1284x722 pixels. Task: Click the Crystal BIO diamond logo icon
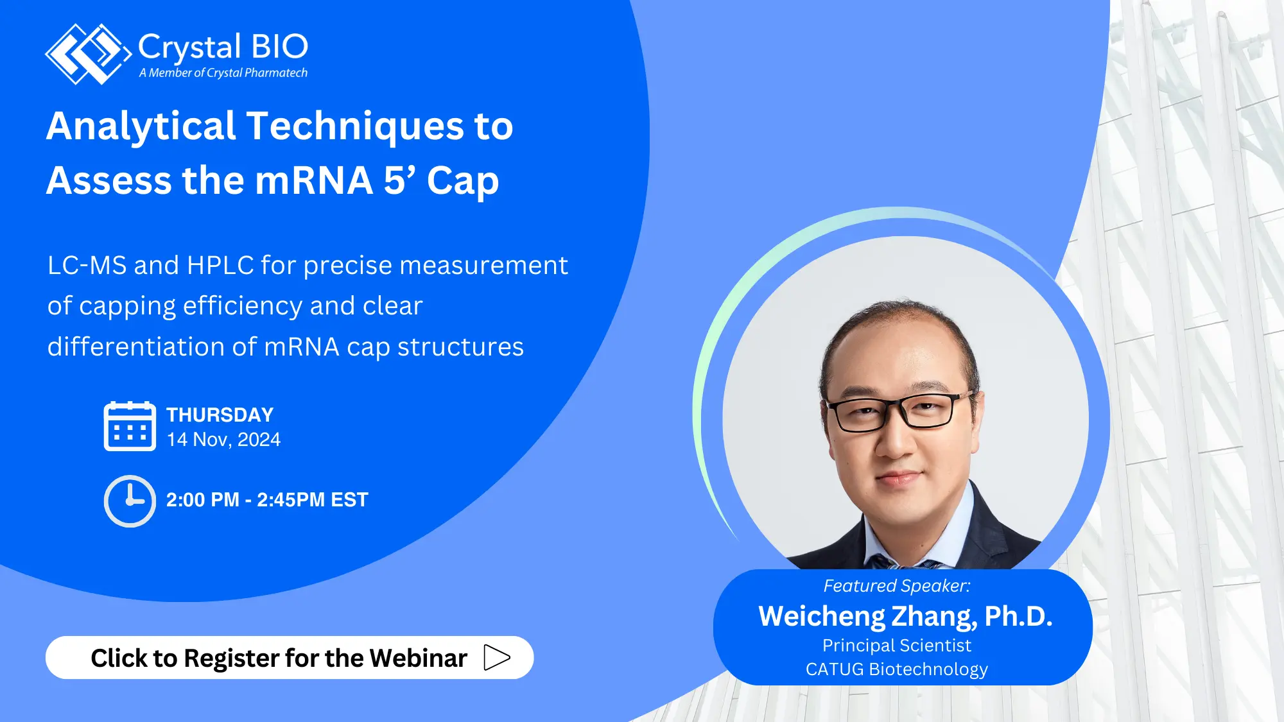[x=87, y=54]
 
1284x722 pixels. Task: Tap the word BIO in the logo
[x=279, y=47]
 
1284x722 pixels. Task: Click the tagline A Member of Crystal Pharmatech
[x=223, y=73]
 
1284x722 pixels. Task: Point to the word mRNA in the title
[x=314, y=180]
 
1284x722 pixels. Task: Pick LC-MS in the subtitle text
[x=87, y=266]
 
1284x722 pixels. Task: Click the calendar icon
[x=130, y=427]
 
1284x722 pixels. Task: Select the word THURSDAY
[x=220, y=415]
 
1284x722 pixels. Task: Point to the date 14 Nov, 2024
[x=223, y=440]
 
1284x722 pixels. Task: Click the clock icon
[x=130, y=501]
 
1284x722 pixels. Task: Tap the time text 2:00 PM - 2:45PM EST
[x=267, y=500]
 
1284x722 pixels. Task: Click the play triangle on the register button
[x=496, y=658]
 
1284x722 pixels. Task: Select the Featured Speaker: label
[x=896, y=586]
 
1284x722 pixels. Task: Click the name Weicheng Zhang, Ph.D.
[x=905, y=616]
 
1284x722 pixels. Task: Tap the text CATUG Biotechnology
[x=896, y=669]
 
